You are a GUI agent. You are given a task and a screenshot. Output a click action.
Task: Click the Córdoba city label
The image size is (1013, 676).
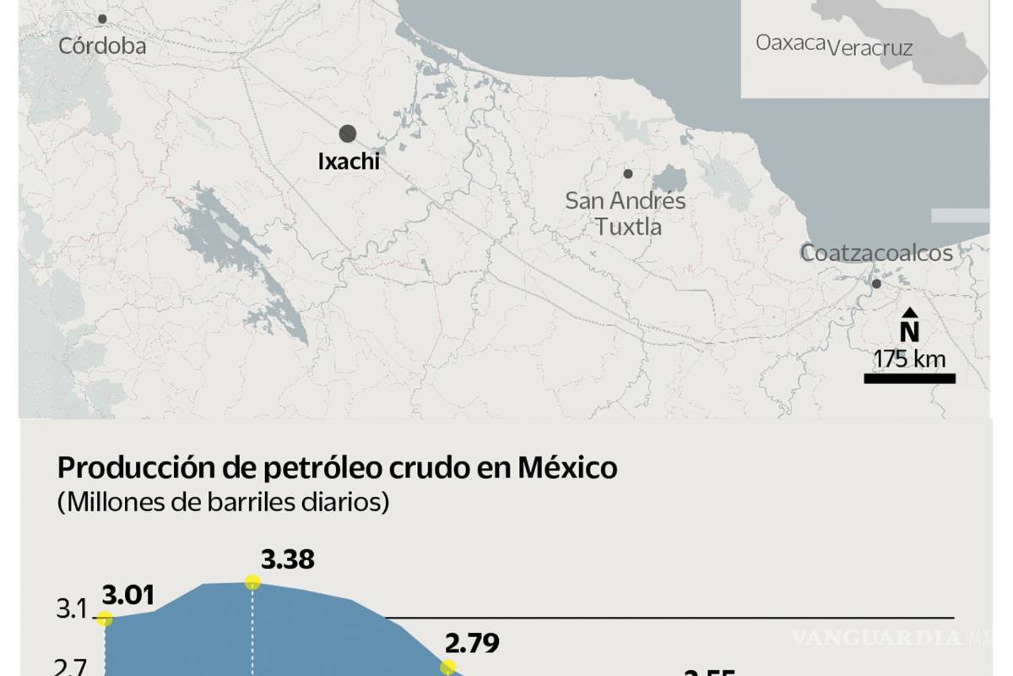tap(102, 46)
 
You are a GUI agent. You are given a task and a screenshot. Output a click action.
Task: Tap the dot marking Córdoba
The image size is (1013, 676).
tap(102, 19)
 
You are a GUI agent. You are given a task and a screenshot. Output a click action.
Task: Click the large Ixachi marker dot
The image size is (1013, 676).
tap(347, 133)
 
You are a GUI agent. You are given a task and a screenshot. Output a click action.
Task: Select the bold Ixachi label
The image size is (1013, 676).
tap(349, 161)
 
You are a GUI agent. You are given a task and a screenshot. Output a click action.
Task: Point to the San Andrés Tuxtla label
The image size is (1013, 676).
tap(626, 214)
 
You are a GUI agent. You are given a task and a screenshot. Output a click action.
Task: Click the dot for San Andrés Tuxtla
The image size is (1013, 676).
tap(628, 174)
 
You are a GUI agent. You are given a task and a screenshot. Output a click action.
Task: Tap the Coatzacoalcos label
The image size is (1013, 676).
tap(876, 253)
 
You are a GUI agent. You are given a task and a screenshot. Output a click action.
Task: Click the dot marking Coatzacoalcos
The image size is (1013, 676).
tap(876, 284)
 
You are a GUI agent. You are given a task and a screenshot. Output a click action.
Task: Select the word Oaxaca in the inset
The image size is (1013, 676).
tap(790, 42)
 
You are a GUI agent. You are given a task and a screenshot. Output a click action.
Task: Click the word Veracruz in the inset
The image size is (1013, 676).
tap(870, 48)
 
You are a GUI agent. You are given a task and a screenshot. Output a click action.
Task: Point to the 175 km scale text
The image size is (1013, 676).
tap(909, 359)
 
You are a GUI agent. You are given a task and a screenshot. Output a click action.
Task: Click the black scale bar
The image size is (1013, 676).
tap(909, 379)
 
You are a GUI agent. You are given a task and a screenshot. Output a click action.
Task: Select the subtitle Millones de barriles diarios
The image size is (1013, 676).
tap(223, 502)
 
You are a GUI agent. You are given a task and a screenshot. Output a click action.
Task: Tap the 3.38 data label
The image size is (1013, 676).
tap(288, 559)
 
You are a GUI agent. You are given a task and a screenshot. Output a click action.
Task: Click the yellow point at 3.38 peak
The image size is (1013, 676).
tap(252, 581)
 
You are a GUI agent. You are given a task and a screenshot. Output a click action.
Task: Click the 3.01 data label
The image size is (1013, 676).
tap(128, 596)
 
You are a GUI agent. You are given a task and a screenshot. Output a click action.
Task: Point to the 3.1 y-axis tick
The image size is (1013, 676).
tap(73, 609)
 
